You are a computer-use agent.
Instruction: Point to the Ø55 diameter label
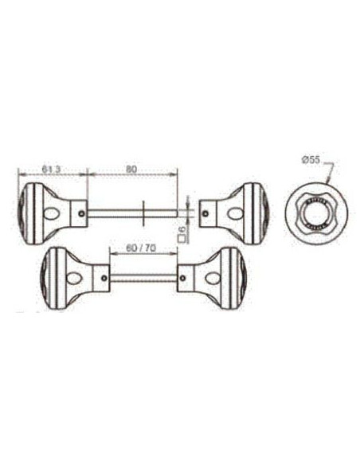[x=311, y=160]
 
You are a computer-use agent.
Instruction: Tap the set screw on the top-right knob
[x=209, y=212]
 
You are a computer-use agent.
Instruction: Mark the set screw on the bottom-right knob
[x=183, y=278]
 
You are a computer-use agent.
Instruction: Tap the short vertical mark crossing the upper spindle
[x=141, y=212]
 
